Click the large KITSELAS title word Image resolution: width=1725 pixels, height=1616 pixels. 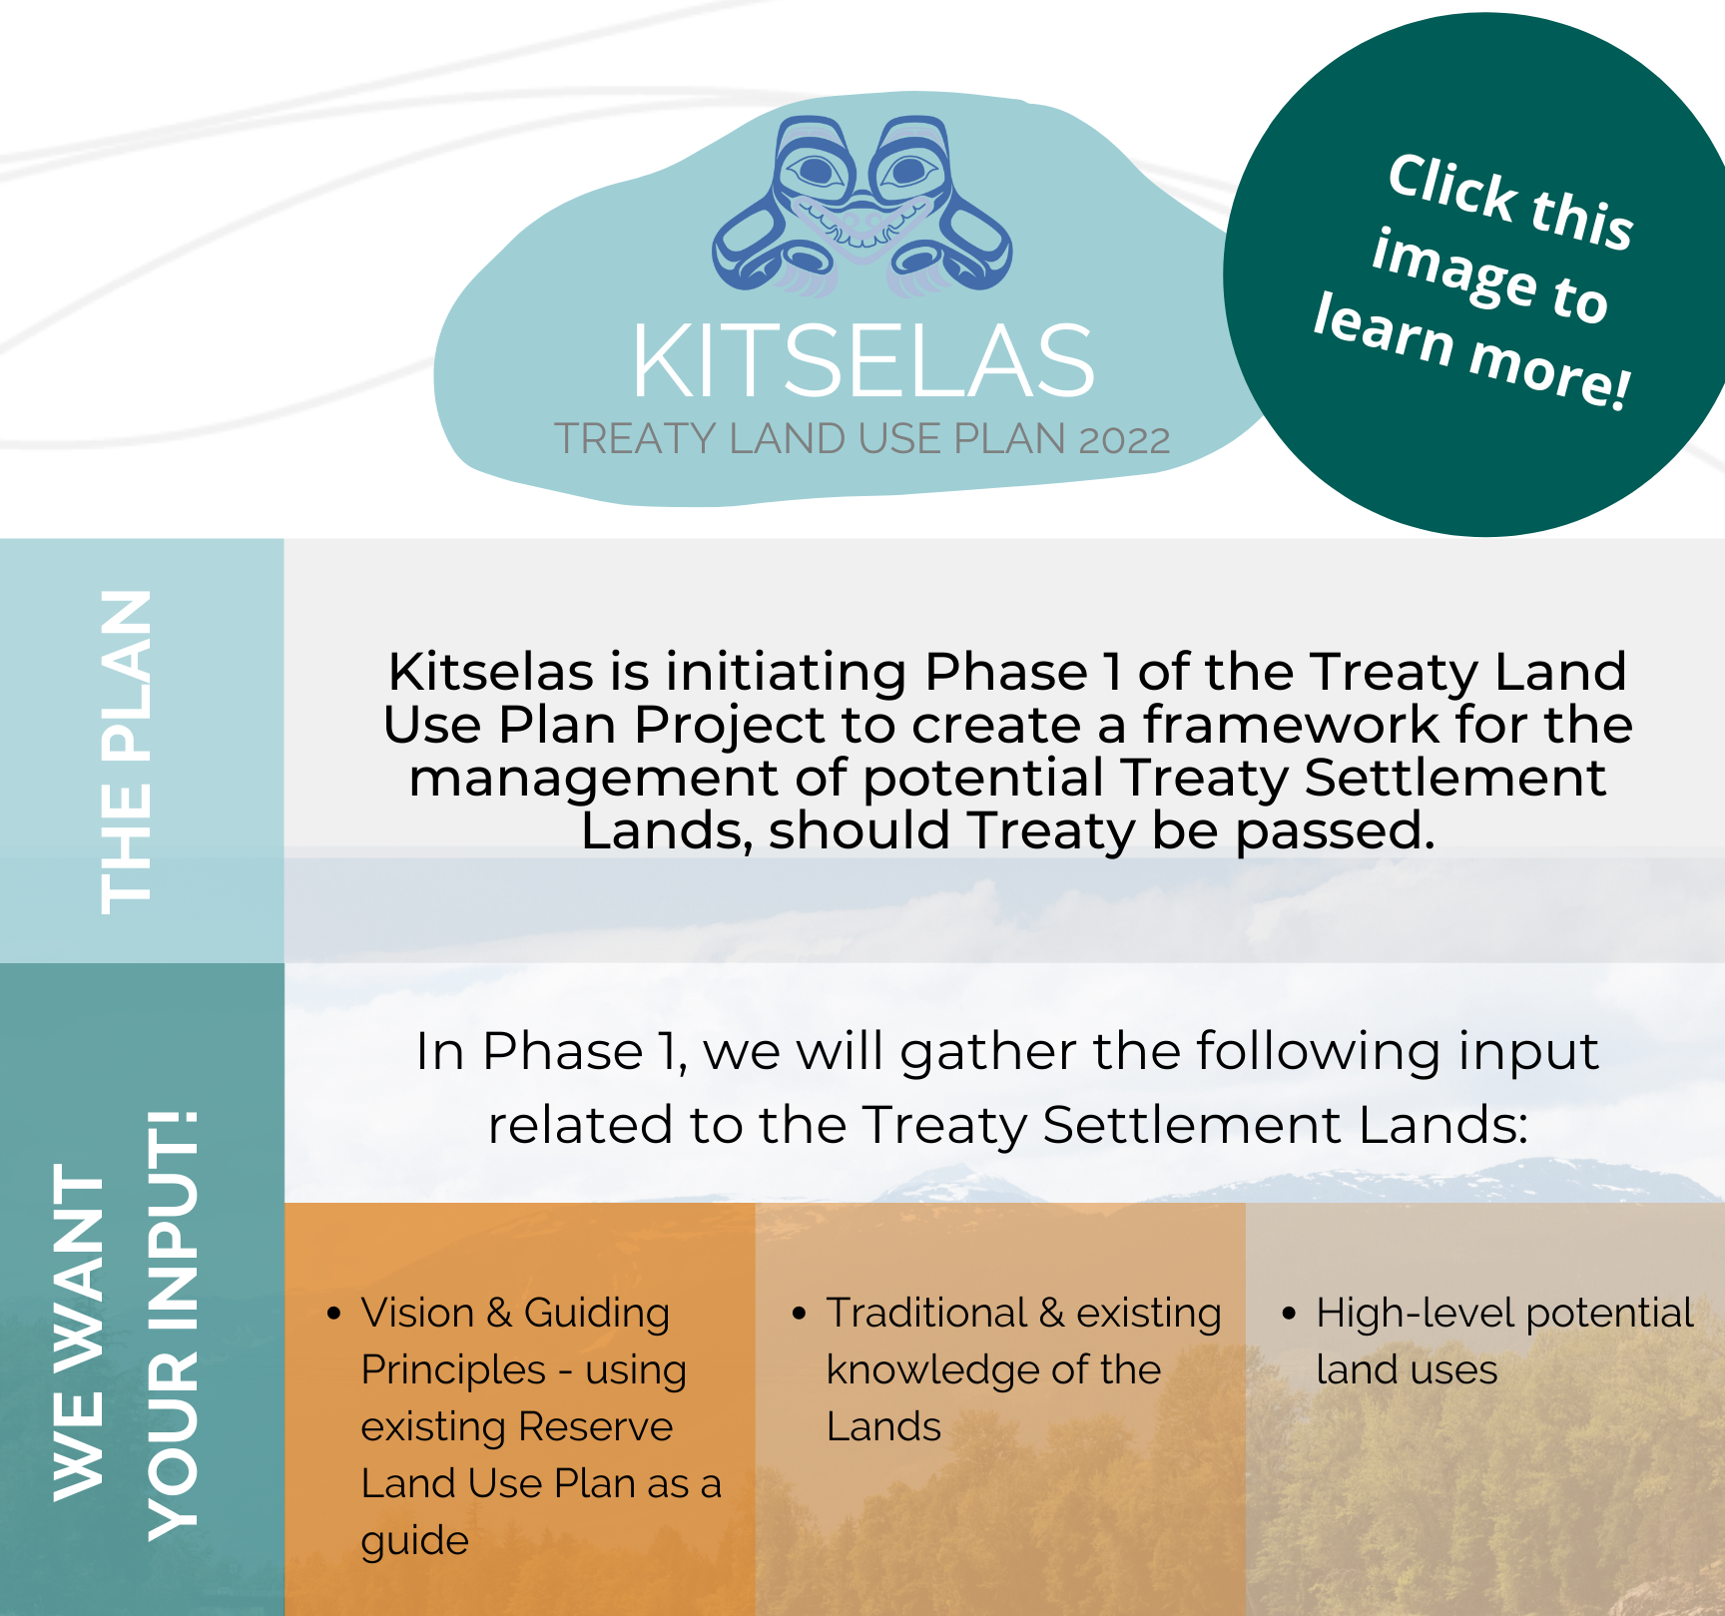pyautogui.click(x=863, y=360)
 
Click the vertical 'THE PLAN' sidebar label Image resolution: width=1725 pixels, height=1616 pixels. pyautogui.click(x=127, y=751)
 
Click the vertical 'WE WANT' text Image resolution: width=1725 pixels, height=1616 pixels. pyautogui.click(x=80, y=1333)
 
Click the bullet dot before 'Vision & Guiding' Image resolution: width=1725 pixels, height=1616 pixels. pyautogui.click(x=334, y=1313)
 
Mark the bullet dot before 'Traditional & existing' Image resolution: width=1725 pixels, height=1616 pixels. pyautogui.click(x=799, y=1313)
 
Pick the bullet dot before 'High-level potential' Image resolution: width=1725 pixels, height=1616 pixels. pyautogui.click(x=1289, y=1313)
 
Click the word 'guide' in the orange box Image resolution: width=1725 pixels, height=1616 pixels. pyautogui.click(x=414, y=1541)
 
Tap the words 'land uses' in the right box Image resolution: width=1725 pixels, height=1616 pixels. pyautogui.click(x=1407, y=1370)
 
